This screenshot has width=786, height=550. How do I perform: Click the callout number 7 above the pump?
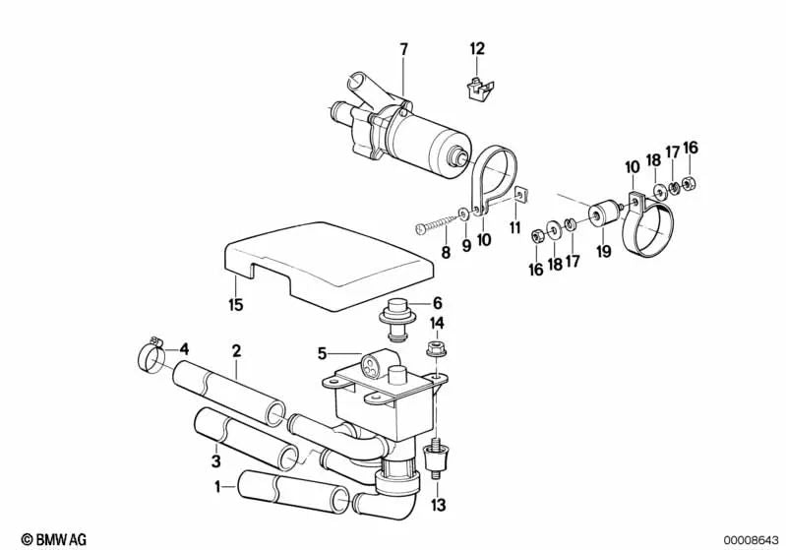[402, 48]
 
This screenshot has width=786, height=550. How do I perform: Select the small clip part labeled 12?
[477, 87]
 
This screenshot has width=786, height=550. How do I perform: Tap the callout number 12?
[477, 48]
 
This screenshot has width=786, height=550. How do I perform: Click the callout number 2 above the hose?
[236, 350]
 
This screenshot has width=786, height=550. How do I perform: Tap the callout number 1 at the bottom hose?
[217, 485]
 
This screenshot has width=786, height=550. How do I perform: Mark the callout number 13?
[438, 506]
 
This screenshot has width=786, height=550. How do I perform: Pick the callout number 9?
[466, 243]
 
